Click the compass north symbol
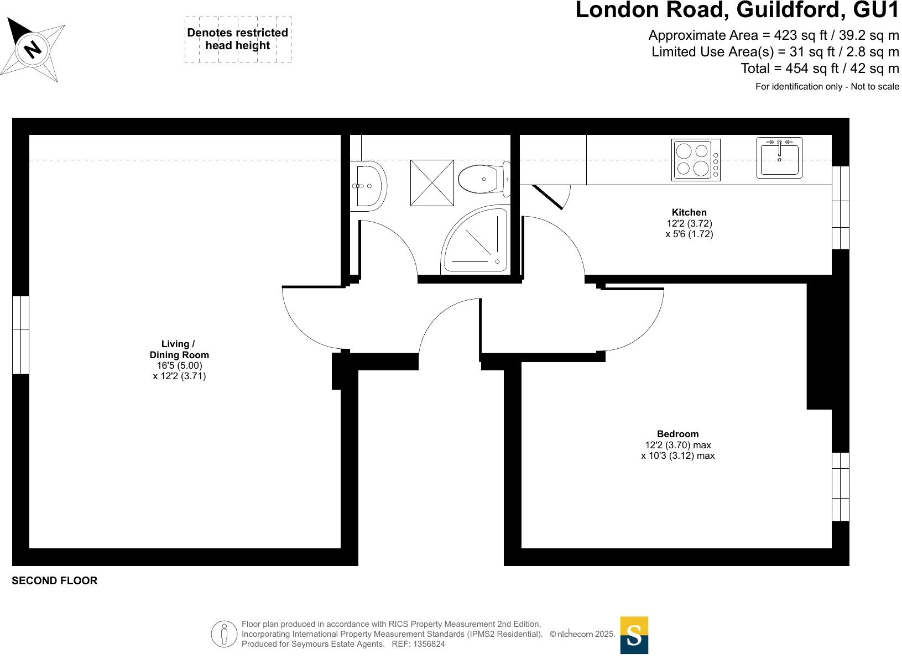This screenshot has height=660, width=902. click(33, 49)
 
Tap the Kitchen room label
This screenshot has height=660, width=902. click(689, 212)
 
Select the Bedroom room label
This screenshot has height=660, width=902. click(677, 434)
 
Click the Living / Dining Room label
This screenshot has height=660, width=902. click(179, 349)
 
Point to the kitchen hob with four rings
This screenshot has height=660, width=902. click(696, 160)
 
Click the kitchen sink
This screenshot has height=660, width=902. click(779, 158)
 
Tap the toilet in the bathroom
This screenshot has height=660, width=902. click(481, 179)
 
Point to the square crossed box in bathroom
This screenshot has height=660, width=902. click(432, 183)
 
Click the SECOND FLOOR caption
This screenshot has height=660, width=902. click(54, 581)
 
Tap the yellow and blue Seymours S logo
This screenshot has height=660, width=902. click(634, 635)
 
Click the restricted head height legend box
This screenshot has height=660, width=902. click(238, 39)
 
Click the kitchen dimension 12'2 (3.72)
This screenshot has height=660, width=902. click(689, 223)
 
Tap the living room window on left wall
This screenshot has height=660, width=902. click(20, 335)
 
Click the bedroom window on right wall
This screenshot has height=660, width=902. click(840, 486)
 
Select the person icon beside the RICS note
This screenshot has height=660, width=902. click(223, 633)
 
